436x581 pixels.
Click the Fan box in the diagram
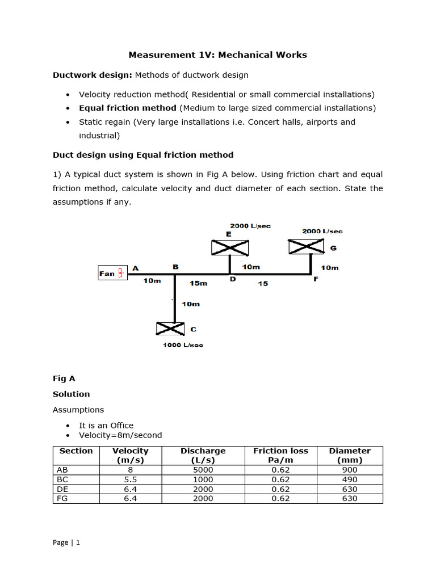pos(112,273)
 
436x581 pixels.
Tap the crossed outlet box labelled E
pos(230,247)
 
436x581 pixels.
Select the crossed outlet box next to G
pos(307,247)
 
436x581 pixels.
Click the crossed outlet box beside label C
pos(170,329)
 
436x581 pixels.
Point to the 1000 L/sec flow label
pos(183,345)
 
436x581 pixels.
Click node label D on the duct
pos(233,279)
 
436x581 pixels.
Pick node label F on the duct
pos(316,279)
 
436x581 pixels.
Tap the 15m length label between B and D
pos(198,283)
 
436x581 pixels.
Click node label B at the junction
pos(175,266)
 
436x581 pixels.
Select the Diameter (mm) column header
pos(350,456)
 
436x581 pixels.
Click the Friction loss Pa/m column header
pos(280,456)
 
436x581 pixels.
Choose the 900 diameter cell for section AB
pos(350,470)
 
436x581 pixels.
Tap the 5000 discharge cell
pos(203,470)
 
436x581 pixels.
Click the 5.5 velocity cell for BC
pos(131,479)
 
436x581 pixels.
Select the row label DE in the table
pos(62,489)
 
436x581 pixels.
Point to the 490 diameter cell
pos(350,479)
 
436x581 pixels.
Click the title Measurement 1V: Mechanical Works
pos(217,55)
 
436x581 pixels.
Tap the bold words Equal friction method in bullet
pos(128,108)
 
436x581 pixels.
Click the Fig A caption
pos(64,378)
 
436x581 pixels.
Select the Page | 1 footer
pos(66,542)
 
